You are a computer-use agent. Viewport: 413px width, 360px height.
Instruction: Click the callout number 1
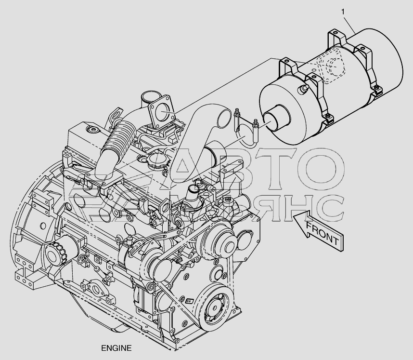click(343, 12)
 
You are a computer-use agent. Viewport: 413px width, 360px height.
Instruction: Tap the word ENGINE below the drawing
click(116, 348)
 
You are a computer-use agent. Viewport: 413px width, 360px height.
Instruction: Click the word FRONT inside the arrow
click(322, 234)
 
